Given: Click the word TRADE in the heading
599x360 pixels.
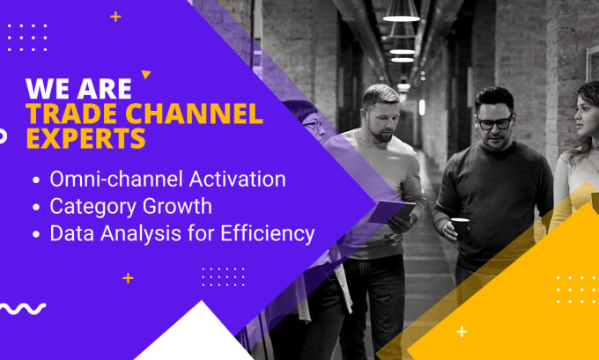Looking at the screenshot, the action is pyautogui.click(x=72, y=114).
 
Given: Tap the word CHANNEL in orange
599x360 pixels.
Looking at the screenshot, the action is pyautogui.click(x=194, y=114).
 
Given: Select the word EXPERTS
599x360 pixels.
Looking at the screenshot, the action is pyautogui.click(x=86, y=138).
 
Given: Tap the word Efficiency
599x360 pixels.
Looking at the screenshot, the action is pyautogui.click(x=268, y=233).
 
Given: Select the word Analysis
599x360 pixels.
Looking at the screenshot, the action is pyautogui.click(x=141, y=233).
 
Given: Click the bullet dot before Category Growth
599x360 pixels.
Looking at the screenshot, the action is pyautogui.click(x=36, y=208).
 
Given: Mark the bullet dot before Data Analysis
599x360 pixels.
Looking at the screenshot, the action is pyautogui.click(x=36, y=234).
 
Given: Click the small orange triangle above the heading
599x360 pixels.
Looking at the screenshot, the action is pyautogui.click(x=145, y=74).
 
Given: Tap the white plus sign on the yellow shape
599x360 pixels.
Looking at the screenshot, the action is pyautogui.click(x=462, y=331).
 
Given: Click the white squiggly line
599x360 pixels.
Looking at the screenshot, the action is pyautogui.click(x=22, y=308).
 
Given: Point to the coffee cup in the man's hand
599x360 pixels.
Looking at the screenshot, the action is pyautogui.click(x=461, y=227).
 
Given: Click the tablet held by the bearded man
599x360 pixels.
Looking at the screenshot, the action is pyautogui.click(x=392, y=212).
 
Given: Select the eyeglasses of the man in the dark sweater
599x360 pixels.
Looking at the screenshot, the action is pyautogui.click(x=495, y=122).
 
